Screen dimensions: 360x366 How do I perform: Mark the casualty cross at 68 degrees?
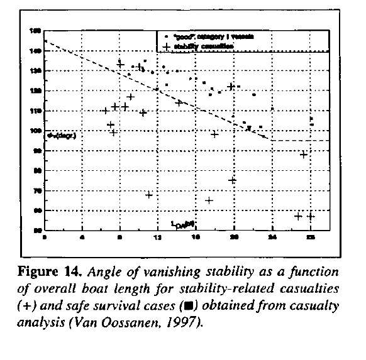149,195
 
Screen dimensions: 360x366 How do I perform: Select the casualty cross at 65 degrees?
209,200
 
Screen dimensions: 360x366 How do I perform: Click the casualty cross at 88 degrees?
303,155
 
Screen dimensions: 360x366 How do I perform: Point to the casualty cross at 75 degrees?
233,180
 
